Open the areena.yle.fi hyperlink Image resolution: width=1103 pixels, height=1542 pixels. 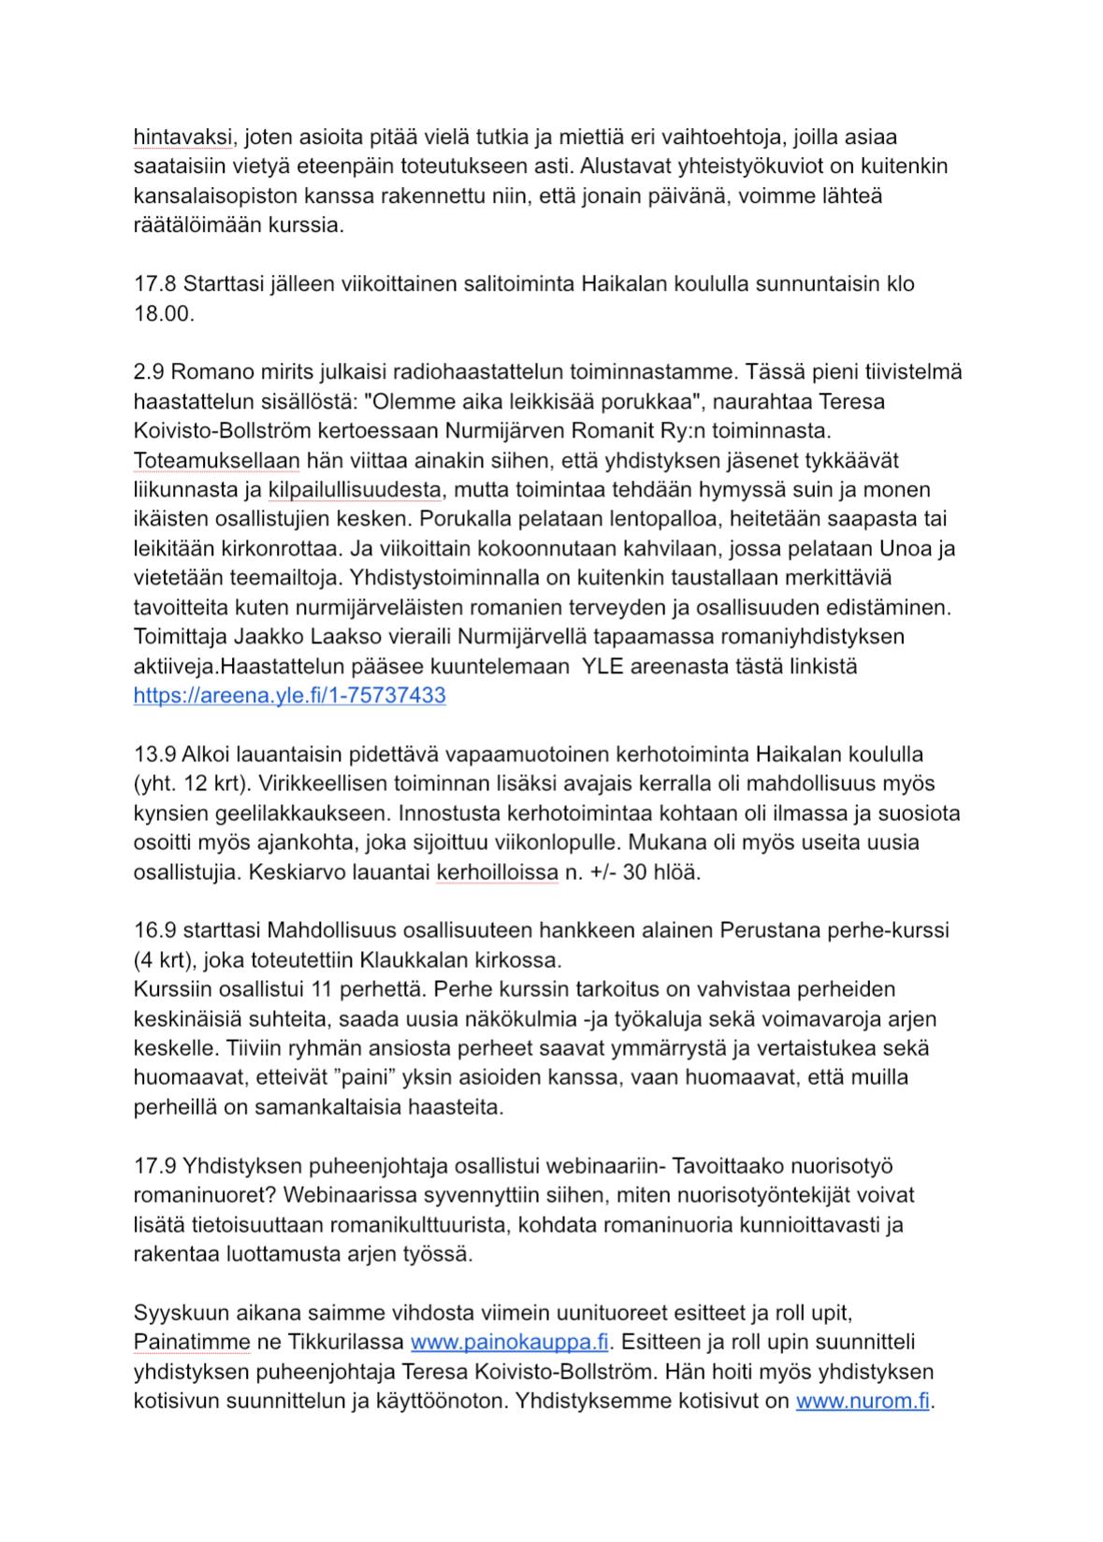pyautogui.click(x=289, y=696)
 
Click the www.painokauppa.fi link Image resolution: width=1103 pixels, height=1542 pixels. pyautogui.click(x=510, y=1343)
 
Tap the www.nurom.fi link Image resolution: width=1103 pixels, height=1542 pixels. pyautogui.click(x=862, y=1402)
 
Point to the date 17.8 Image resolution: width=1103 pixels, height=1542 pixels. pyautogui.click(x=154, y=284)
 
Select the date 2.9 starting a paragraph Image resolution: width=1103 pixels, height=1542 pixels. pyautogui.click(x=150, y=372)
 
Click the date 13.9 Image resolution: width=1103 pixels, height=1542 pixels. pyautogui.click(x=154, y=754)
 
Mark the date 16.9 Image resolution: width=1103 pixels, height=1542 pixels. pyautogui.click(x=154, y=930)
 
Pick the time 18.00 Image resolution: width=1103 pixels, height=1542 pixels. pyautogui.click(x=164, y=314)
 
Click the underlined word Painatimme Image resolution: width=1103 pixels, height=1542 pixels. pyautogui.click(x=192, y=1343)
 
